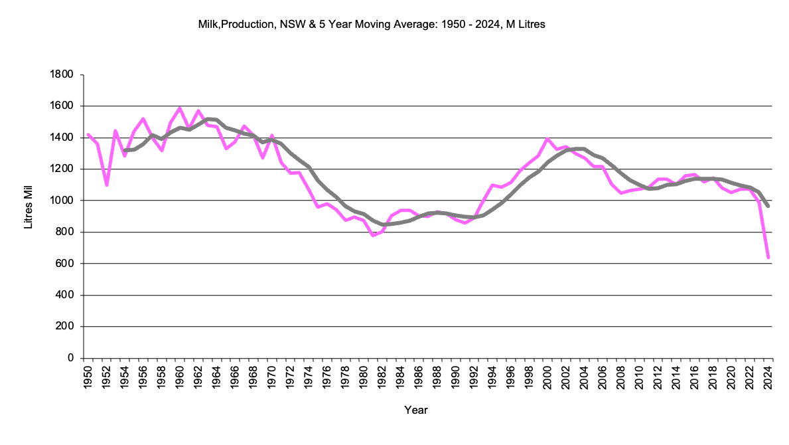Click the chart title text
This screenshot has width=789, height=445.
click(x=372, y=25)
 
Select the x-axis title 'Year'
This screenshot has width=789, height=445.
click(x=416, y=410)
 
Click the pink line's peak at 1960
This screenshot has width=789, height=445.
click(x=179, y=108)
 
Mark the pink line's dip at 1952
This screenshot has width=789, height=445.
click(x=106, y=185)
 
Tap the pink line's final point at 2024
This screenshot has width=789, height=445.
click(x=768, y=257)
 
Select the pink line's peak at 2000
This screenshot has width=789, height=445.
click(x=547, y=139)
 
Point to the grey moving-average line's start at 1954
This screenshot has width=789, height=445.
click(x=125, y=150)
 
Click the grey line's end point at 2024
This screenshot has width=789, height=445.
click(x=768, y=206)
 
